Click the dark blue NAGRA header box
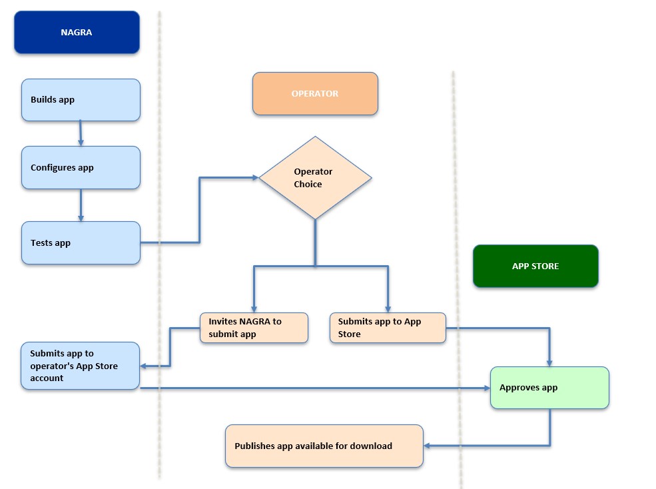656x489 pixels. tap(77, 32)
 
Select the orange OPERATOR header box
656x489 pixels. tap(315, 93)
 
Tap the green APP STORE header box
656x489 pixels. tap(535, 266)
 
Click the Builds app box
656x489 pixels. tap(81, 100)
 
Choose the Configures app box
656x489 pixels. tap(81, 168)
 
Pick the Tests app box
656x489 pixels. tap(81, 243)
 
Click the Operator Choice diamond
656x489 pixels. tap(315, 178)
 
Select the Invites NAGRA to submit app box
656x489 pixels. tap(254, 328)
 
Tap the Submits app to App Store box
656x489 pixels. tap(388, 328)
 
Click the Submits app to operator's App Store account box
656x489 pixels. tap(80, 366)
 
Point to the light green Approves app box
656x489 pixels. tap(549, 388)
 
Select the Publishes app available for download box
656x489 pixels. tap(324, 446)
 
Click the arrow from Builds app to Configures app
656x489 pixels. tap(81, 133)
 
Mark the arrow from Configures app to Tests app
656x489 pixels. tap(81, 205)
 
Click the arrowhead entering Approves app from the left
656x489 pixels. tap(486, 388)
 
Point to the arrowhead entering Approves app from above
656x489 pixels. tap(549, 362)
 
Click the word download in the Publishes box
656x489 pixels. tap(372, 446)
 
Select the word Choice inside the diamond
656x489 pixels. tap(308, 185)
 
